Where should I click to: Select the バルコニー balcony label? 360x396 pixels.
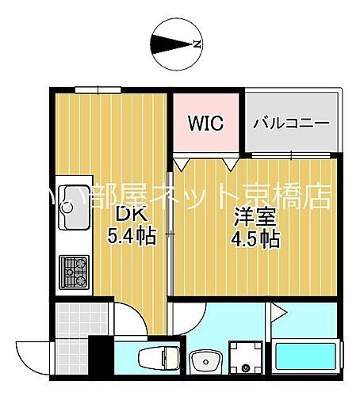tap(291, 124)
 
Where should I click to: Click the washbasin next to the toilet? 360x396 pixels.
tap(208, 362)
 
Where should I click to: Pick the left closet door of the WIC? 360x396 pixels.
tap(182, 164)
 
